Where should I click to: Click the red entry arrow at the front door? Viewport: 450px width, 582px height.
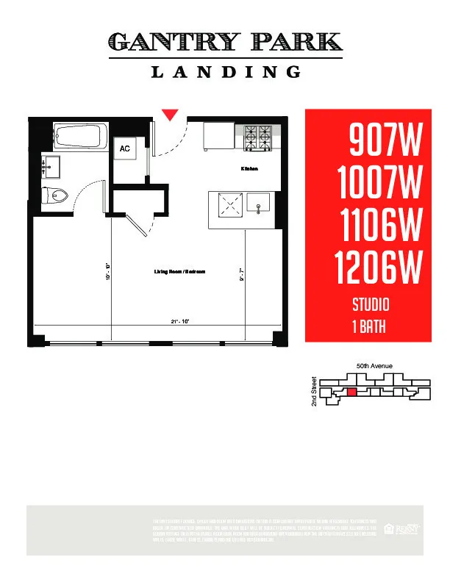171,114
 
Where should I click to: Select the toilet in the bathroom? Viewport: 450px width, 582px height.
57,195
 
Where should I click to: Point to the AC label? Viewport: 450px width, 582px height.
125,148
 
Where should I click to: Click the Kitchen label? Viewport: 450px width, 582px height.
249,169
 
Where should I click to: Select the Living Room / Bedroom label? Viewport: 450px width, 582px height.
179,272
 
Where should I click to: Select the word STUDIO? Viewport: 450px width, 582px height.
370,303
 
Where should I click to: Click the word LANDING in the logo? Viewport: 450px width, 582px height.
226,71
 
